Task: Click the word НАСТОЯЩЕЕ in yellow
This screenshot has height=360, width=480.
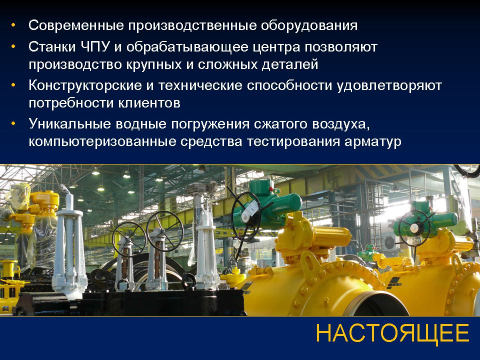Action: click(x=392, y=333)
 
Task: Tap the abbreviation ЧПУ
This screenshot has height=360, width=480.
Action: click(x=96, y=47)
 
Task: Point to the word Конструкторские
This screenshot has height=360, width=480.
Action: click(x=85, y=85)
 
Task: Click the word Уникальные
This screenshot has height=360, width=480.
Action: click(x=70, y=124)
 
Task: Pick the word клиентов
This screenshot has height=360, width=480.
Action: click(x=149, y=103)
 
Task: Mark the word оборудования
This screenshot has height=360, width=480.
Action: click(x=309, y=25)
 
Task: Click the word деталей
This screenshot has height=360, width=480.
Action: click(x=290, y=65)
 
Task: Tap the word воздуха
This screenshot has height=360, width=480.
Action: click(x=339, y=124)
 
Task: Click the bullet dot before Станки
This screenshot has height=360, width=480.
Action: click(x=13, y=47)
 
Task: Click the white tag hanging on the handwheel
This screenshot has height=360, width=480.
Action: click(x=250, y=211)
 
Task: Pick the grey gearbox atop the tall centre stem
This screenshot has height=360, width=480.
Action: click(x=202, y=187)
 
